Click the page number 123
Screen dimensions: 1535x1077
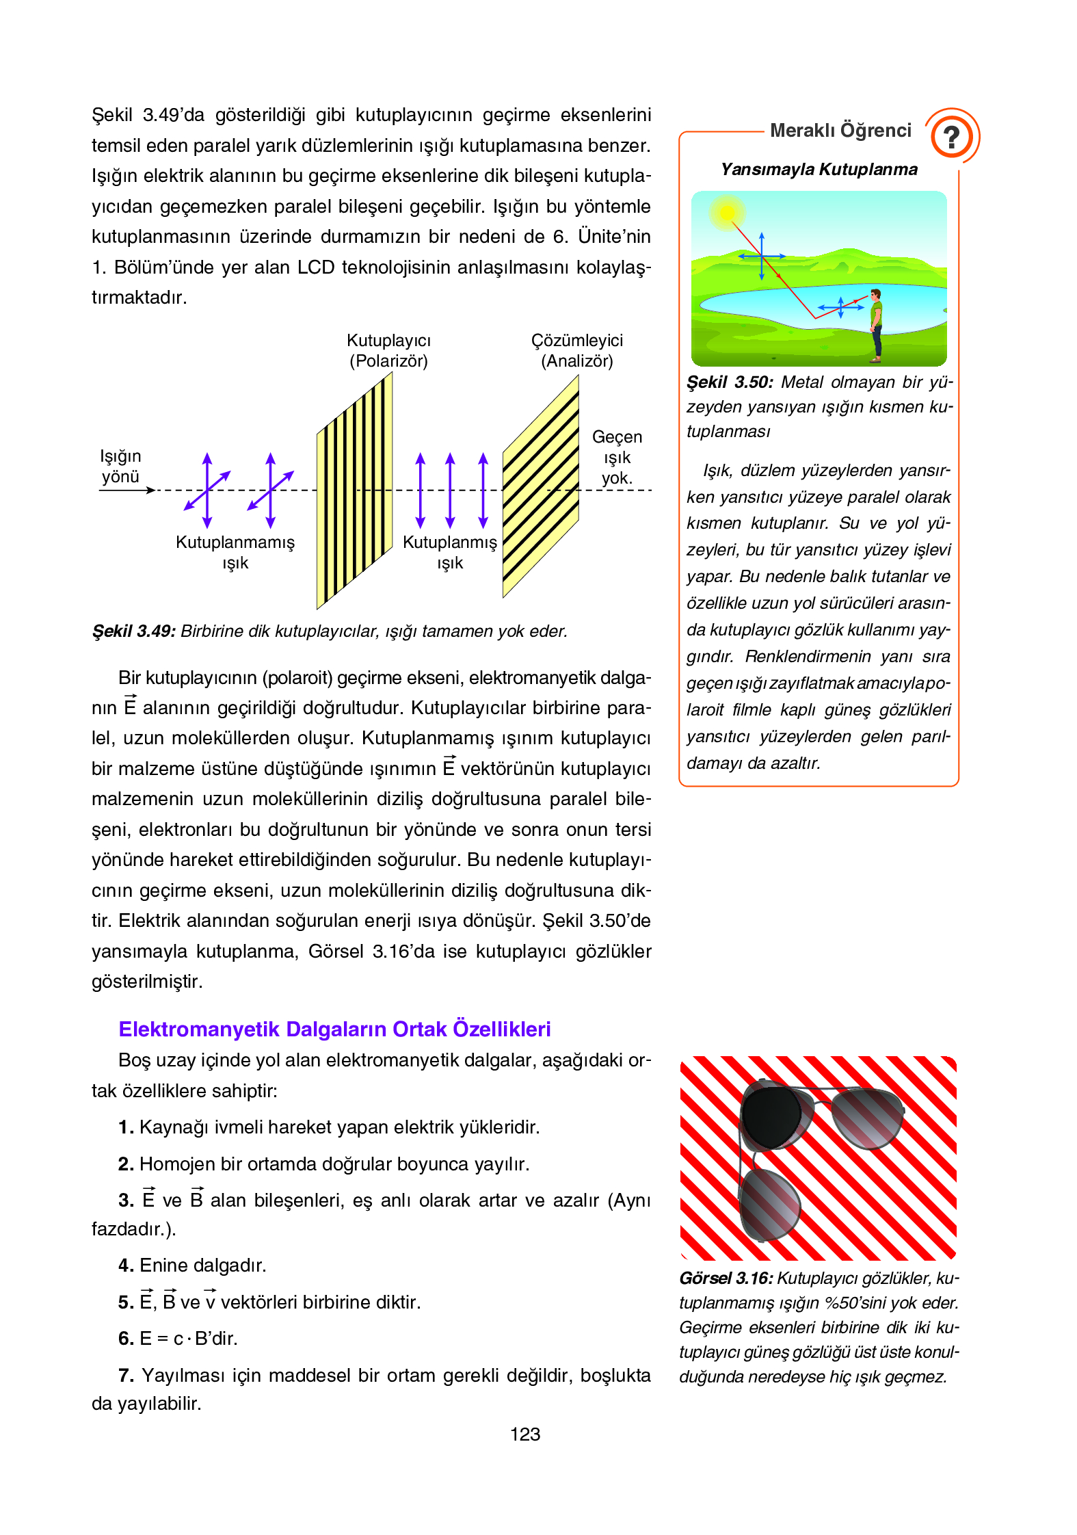tap(524, 1434)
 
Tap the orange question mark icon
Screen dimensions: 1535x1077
tap(951, 136)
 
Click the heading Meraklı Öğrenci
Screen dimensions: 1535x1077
tap(840, 131)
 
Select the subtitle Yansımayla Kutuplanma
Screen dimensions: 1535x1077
tap(819, 170)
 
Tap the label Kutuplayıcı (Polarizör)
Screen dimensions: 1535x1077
tap(388, 350)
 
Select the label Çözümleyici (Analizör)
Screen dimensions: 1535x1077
tap(576, 350)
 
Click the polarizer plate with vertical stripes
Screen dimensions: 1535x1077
tap(354, 490)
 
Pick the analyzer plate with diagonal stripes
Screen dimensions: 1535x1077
tap(540, 487)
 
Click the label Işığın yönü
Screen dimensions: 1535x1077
tap(120, 467)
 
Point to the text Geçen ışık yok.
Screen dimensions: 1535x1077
tap(617, 457)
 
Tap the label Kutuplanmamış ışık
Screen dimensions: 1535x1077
tap(235, 552)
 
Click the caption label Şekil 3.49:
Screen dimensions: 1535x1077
tap(134, 631)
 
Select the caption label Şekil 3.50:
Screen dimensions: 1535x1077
tap(730, 382)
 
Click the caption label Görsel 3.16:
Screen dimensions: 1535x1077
tap(726, 1278)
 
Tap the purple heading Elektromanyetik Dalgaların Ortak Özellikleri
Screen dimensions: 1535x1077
tap(334, 1029)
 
